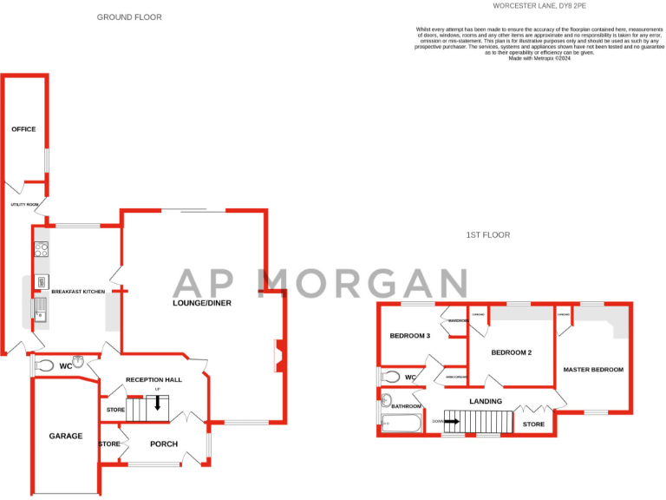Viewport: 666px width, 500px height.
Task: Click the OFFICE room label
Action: click(x=23, y=129)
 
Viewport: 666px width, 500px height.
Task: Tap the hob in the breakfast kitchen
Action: click(x=41, y=250)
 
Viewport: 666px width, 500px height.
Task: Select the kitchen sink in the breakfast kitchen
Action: click(x=40, y=307)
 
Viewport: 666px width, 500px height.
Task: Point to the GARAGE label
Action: click(x=66, y=436)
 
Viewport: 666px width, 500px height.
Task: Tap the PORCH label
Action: click(x=164, y=444)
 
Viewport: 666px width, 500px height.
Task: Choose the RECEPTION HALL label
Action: click(x=153, y=379)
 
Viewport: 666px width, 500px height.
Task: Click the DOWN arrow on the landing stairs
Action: click(x=450, y=421)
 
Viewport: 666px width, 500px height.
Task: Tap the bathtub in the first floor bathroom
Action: click(x=401, y=424)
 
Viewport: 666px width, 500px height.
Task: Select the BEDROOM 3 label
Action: click(x=409, y=336)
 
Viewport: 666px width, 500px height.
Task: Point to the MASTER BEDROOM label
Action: click(x=593, y=370)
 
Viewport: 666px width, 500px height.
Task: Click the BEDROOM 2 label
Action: click(x=511, y=352)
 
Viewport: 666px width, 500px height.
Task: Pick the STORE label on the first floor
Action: click(x=534, y=424)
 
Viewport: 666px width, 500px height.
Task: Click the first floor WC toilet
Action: click(x=391, y=377)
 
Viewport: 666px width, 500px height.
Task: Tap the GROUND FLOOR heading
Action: click(x=129, y=17)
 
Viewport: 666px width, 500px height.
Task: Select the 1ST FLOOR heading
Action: click(x=488, y=234)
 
